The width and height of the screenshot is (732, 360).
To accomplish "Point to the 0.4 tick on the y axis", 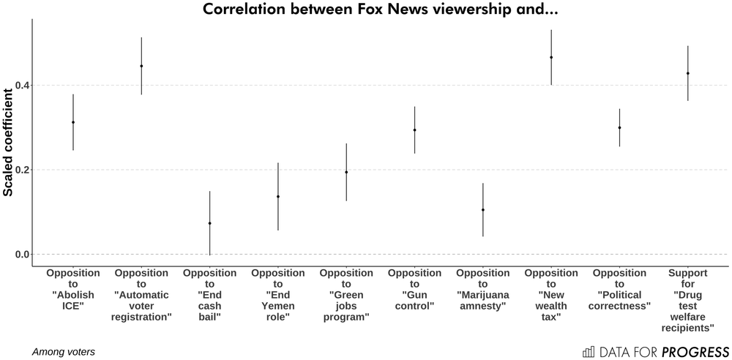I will pyautogui.click(x=23, y=86).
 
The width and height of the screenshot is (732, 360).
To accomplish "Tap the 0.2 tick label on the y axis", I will pyautogui.click(x=23, y=170).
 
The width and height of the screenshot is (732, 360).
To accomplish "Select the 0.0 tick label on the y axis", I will pyautogui.click(x=23, y=255).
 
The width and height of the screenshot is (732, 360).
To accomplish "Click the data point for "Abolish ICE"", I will pyautogui.click(x=73, y=122).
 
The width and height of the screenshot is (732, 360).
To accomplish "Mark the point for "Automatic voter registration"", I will pyautogui.click(x=141, y=66).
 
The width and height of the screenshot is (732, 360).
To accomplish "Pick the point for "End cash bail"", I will pyautogui.click(x=210, y=223).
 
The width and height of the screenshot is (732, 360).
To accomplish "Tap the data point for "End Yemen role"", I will pyautogui.click(x=278, y=196).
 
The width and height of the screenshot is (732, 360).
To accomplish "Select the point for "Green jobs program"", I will pyautogui.click(x=346, y=172).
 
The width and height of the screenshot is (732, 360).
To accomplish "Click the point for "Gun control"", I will pyautogui.click(x=414, y=130).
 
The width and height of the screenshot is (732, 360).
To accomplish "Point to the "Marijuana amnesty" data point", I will pyautogui.click(x=483, y=210).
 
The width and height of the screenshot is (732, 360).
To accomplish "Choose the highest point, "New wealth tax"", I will pyautogui.click(x=551, y=57).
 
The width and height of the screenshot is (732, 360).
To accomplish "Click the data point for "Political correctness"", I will pyautogui.click(x=619, y=127).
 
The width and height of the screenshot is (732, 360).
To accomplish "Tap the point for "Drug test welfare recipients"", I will pyautogui.click(x=688, y=73).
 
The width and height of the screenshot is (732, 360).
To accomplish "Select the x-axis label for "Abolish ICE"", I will pyautogui.click(x=73, y=290).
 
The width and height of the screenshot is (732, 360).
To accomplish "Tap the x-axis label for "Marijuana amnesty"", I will pyautogui.click(x=483, y=290).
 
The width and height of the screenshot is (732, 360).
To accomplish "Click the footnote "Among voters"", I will pyautogui.click(x=64, y=352).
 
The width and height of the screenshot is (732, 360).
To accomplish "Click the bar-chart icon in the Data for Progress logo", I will pyautogui.click(x=589, y=351).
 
